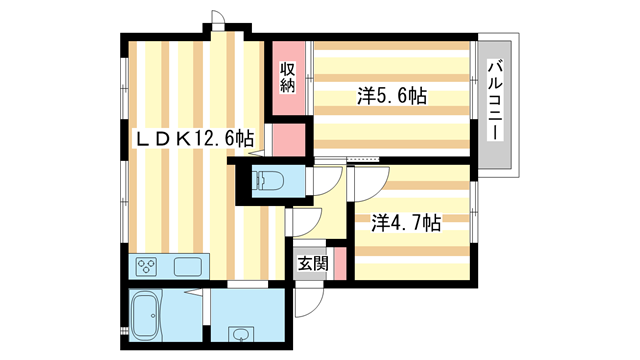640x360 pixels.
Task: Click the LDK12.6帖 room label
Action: click(195, 139)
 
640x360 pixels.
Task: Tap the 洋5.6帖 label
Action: click(393, 97)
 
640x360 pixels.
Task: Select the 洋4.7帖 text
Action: click(406, 223)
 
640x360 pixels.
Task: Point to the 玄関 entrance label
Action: click(312, 264)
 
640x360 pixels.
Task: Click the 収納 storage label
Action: click(287, 77)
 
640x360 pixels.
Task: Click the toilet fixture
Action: click(268, 180)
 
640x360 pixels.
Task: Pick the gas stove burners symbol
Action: click(148, 267)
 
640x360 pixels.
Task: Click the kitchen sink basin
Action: click(189, 267)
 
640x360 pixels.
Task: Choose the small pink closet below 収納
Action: click(288, 140)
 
